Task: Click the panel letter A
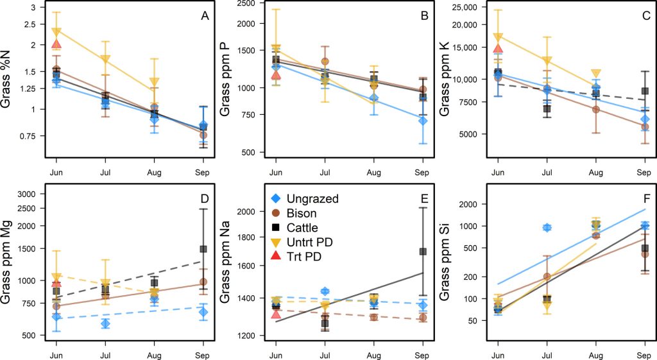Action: (205, 17)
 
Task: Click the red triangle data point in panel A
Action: (56, 44)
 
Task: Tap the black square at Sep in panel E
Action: (423, 252)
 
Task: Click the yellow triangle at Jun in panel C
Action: (497, 37)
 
